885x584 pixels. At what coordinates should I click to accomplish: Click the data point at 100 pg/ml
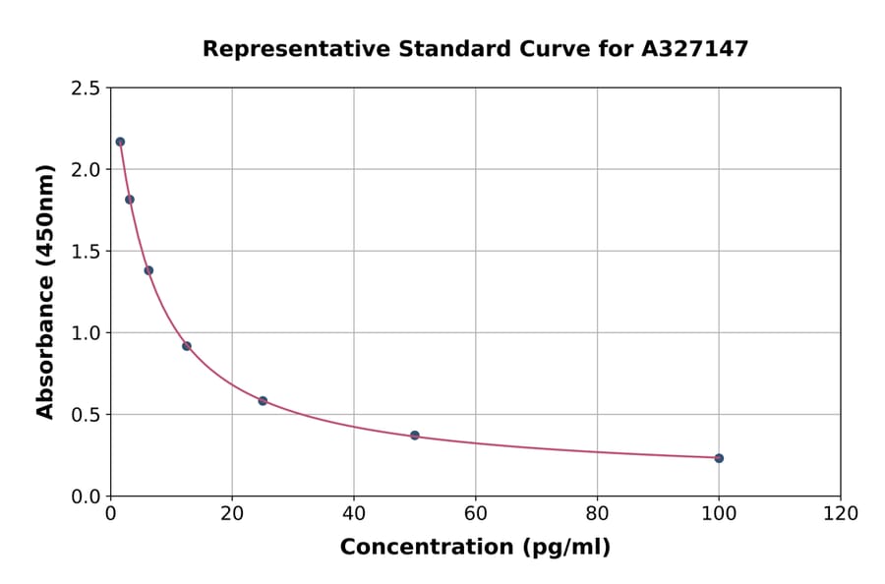[x=719, y=458]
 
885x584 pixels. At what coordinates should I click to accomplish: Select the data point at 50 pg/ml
[x=415, y=436]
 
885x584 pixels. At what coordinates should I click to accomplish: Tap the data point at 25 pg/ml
[x=263, y=401]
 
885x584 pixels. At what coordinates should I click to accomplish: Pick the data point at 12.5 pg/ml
[x=187, y=346]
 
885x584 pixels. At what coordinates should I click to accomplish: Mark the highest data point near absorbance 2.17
[x=120, y=142]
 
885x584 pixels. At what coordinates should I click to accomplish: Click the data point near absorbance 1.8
[x=130, y=200]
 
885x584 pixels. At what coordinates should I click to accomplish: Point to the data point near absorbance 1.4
[x=148, y=270]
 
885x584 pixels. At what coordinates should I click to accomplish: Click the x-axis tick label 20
[x=232, y=513]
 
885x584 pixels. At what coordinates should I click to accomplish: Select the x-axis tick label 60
[x=476, y=513]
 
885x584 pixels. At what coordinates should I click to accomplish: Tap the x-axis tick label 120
[x=841, y=513]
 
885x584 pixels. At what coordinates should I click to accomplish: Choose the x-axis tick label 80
[x=597, y=513]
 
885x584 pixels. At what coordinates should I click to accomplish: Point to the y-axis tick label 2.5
[x=86, y=88]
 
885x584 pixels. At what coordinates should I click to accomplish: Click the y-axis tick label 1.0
[x=86, y=333]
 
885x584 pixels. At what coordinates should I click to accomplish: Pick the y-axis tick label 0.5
[x=86, y=415]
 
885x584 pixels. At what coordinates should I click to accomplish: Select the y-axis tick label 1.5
[x=86, y=252]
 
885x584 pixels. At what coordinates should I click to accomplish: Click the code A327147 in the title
[x=694, y=49]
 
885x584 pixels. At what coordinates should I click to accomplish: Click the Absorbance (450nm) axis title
[x=46, y=291]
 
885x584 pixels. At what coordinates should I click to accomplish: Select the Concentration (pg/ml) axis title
[x=475, y=548]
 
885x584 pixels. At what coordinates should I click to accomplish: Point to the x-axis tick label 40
[x=354, y=513]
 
